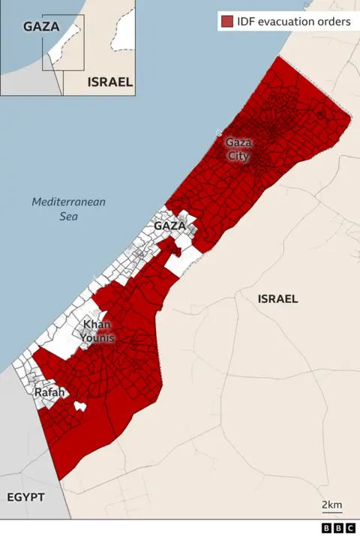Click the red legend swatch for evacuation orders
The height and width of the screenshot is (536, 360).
(226, 21)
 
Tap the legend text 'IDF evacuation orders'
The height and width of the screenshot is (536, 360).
(294, 21)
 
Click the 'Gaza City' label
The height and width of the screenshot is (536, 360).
(239, 148)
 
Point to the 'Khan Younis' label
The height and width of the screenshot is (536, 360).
(98, 331)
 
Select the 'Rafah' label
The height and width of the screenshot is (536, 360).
(49, 393)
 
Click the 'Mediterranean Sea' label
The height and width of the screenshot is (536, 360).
(68, 209)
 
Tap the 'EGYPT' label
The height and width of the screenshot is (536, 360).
(26, 497)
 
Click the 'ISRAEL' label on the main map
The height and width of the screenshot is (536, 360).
(277, 298)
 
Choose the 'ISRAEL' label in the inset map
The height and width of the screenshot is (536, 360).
(110, 82)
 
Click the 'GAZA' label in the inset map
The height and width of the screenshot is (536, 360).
(40, 27)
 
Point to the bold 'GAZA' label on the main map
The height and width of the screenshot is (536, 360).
(169, 226)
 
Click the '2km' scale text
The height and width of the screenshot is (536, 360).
(331, 505)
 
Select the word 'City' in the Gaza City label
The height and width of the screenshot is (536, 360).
(238, 155)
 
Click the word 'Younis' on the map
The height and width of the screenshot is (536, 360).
(98, 337)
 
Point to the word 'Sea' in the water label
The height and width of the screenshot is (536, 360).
(68, 217)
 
